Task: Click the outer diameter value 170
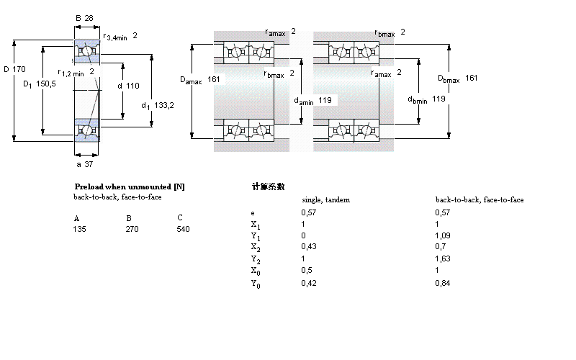click(x=20, y=69)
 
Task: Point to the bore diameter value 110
click(x=132, y=86)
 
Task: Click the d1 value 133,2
click(x=164, y=105)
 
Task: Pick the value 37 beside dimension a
click(x=90, y=164)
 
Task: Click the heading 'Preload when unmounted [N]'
click(x=130, y=186)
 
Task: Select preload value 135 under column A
click(x=79, y=229)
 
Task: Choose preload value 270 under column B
click(x=132, y=229)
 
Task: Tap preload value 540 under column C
click(x=183, y=229)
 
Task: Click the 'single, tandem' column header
click(x=325, y=199)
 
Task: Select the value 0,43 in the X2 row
click(x=307, y=247)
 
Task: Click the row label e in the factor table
click(x=252, y=212)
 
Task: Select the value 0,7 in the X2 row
click(x=440, y=247)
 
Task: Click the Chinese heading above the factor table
click(x=268, y=186)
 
